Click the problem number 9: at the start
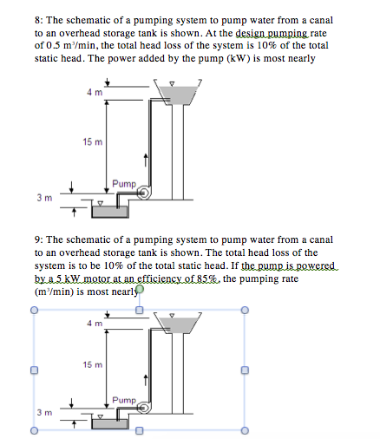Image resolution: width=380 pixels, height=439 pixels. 41,239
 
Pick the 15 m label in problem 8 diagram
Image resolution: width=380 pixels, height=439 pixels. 92,140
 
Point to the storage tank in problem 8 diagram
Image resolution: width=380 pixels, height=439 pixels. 173,91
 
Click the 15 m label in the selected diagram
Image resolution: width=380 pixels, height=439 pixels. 92,365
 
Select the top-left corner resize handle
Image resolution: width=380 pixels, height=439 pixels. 34,309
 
